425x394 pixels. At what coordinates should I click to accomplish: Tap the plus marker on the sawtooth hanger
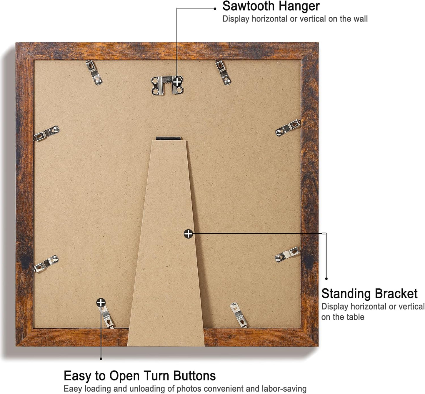(x=177, y=82)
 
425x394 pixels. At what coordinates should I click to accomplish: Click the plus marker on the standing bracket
(x=188, y=234)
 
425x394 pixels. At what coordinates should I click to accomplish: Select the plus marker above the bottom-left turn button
(x=101, y=302)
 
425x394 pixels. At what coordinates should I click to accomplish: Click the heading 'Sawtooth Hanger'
(x=271, y=6)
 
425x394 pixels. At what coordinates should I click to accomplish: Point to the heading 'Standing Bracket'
(x=369, y=293)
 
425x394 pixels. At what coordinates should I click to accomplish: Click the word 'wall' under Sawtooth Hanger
(x=360, y=19)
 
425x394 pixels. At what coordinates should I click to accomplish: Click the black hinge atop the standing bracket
(x=168, y=138)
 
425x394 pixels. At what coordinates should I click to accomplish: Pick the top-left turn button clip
(x=94, y=72)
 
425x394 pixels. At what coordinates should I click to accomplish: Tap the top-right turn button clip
(x=223, y=72)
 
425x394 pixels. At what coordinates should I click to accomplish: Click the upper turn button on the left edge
(x=46, y=133)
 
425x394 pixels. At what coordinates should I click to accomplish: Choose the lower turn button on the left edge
(x=46, y=263)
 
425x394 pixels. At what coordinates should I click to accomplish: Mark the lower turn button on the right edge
(x=288, y=254)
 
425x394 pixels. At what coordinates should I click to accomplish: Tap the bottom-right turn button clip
(x=239, y=315)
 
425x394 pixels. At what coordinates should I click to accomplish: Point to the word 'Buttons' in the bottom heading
(x=194, y=376)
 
